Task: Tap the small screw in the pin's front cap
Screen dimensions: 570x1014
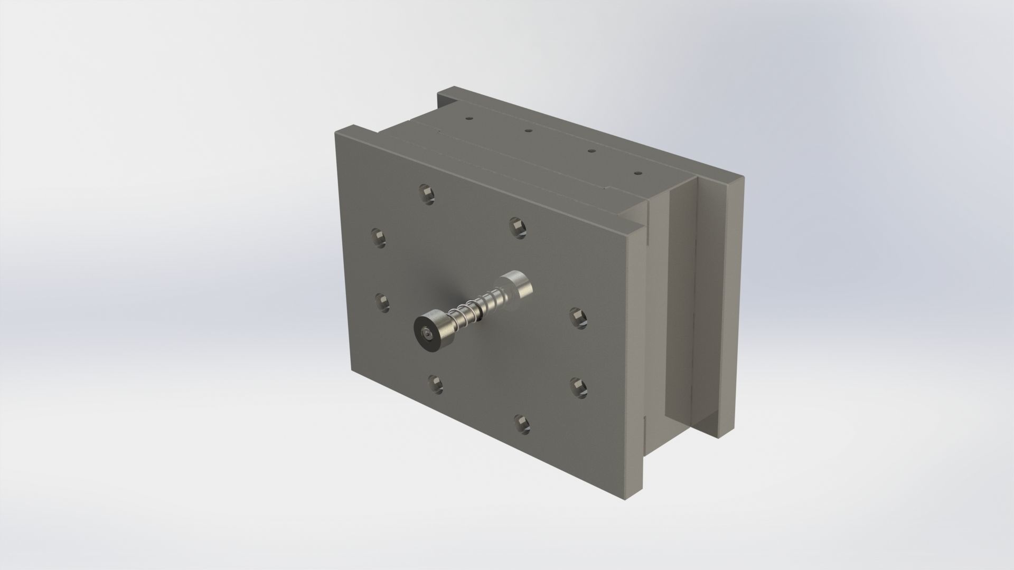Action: [x=427, y=334]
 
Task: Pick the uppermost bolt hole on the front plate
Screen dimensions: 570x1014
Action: [x=427, y=193]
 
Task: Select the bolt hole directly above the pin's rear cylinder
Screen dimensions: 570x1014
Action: [x=517, y=226]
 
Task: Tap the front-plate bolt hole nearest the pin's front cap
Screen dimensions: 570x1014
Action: [x=381, y=303]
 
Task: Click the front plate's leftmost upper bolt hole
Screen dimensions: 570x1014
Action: [x=378, y=238]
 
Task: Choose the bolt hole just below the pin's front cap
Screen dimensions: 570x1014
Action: [x=435, y=384]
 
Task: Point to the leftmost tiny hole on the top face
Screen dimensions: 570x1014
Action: [x=467, y=119]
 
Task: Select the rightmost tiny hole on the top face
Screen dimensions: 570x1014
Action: [x=638, y=173]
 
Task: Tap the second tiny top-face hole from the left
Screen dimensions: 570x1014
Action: [x=527, y=130]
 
